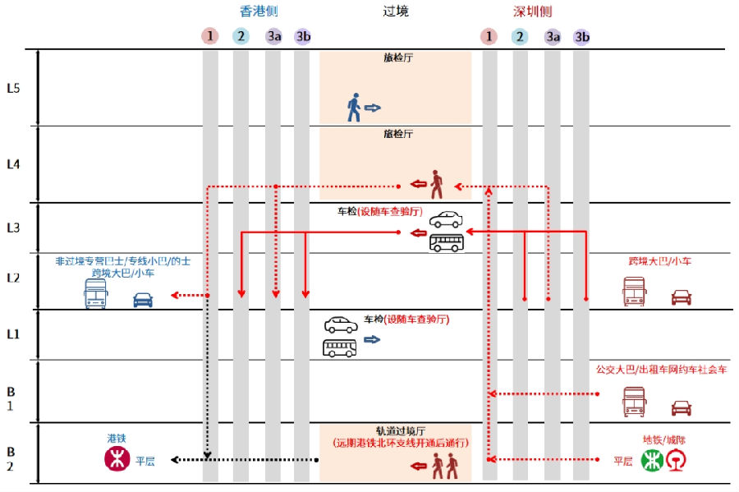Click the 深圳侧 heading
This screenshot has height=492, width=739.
[x=532, y=11]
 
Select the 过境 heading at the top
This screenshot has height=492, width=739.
[x=395, y=11]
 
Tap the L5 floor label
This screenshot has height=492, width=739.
[x=13, y=88]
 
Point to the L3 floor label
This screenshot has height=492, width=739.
[x=13, y=228]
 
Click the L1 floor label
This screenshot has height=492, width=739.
[x=13, y=333]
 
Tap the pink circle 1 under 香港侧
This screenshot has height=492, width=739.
[x=210, y=36]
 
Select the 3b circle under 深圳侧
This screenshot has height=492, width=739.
[x=581, y=36]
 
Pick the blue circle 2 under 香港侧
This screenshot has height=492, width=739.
[x=241, y=36]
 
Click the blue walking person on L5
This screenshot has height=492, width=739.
[x=354, y=108]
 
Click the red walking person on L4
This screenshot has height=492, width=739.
[x=436, y=184]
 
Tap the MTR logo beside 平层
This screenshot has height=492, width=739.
[x=117, y=460]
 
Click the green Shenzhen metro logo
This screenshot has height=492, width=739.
[x=652, y=461]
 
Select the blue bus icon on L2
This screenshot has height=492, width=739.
[x=95, y=293]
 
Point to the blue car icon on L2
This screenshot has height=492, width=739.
[x=143, y=299]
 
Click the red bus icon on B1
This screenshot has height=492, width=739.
[x=634, y=403]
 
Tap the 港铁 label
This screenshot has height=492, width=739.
[x=117, y=439]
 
